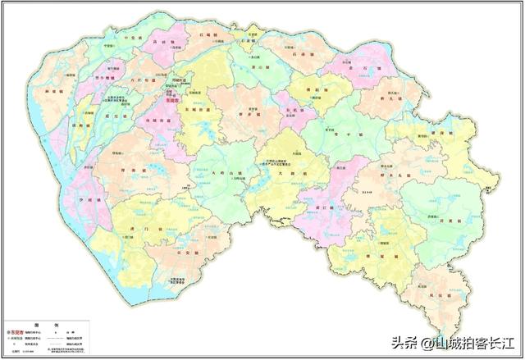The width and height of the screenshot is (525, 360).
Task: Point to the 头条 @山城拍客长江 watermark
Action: pos(452,343)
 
